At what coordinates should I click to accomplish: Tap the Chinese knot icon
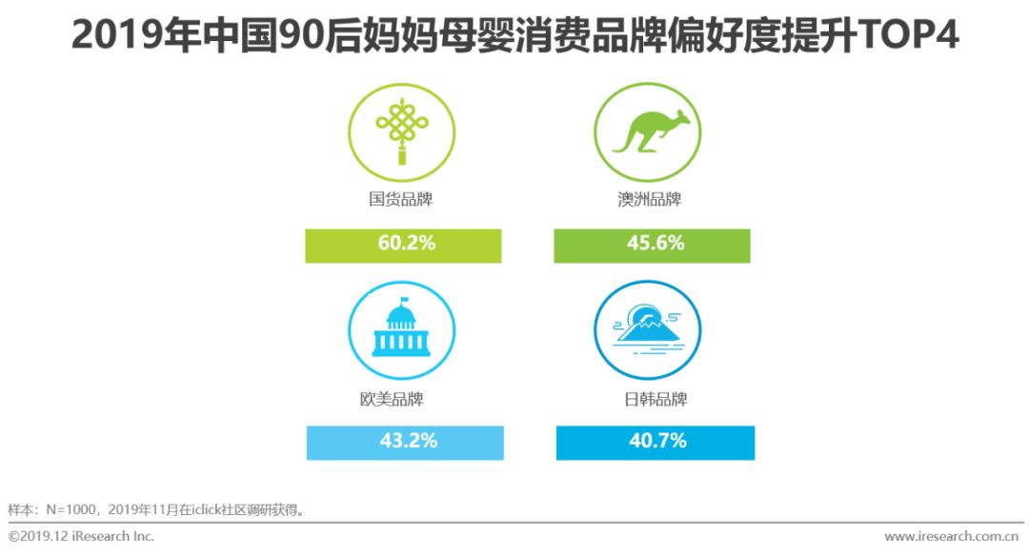(x=402, y=131)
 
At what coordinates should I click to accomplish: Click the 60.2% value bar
(x=403, y=246)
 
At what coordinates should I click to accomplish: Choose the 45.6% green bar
(x=652, y=246)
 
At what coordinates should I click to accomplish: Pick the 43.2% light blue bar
(x=405, y=443)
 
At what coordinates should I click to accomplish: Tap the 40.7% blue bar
(x=655, y=443)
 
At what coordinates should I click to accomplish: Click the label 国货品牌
(x=400, y=199)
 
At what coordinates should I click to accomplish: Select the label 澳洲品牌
(x=649, y=199)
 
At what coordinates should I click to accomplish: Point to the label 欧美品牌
(x=392, y=399)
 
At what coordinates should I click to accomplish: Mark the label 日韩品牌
(x=655, y=399)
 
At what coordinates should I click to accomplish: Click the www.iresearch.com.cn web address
(x=952, y=536)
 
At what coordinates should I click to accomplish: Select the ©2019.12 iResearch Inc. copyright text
(x=81, y=536)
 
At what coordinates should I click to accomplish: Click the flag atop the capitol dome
(x=404, y=300)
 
